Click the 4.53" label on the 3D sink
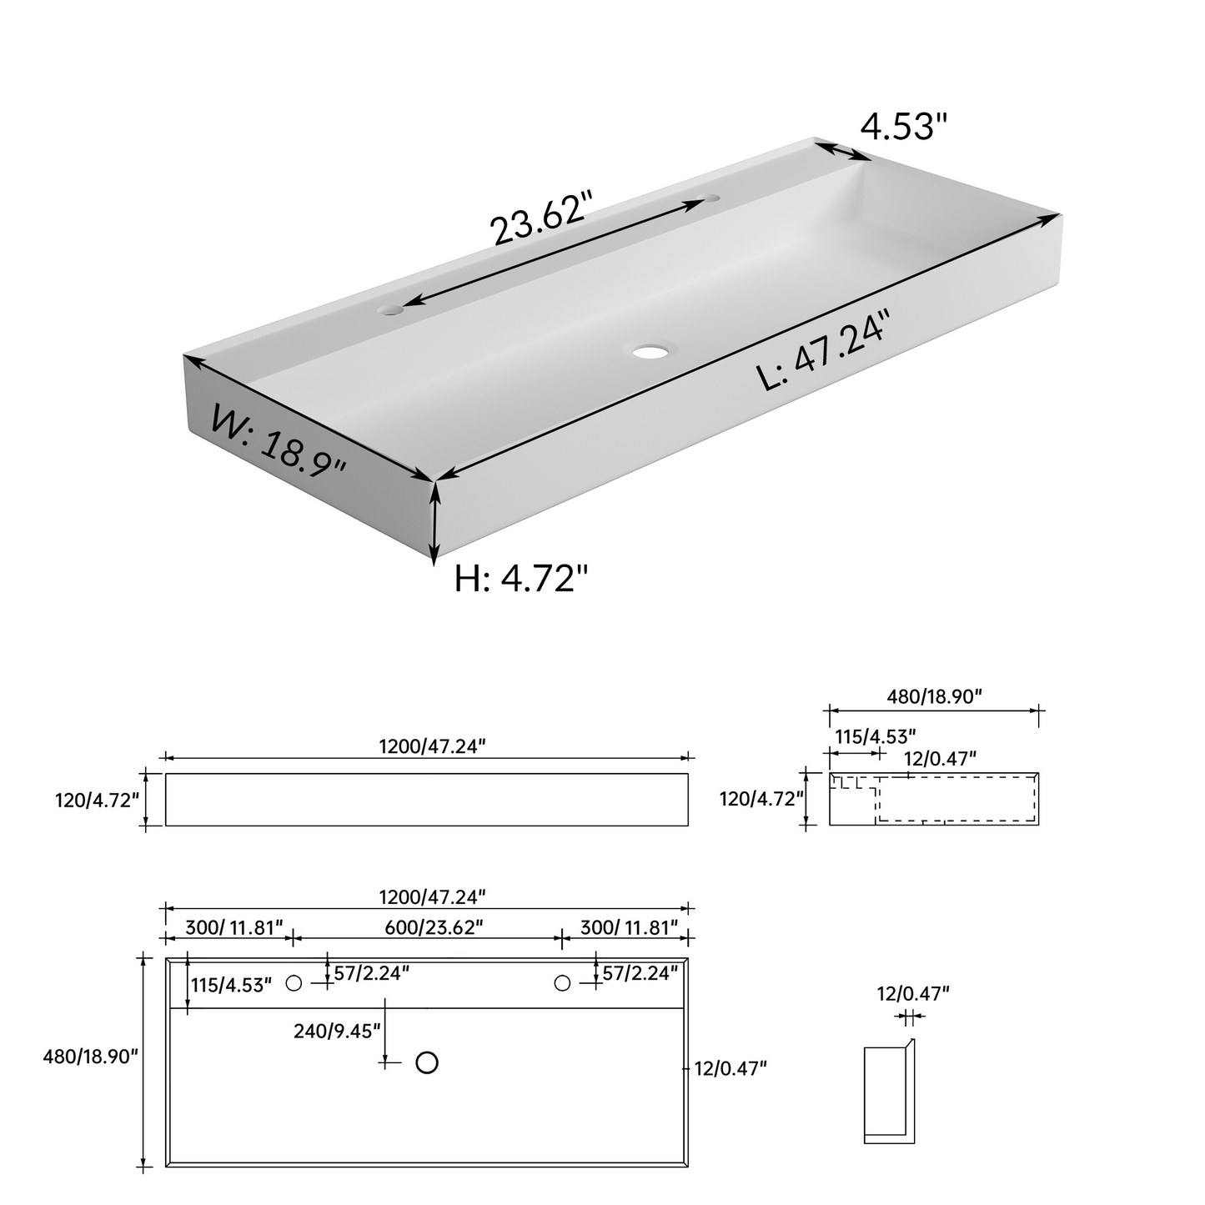[x=904, y=126]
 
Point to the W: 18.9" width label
[x=279, y=441]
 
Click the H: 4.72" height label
[x=521, y=579]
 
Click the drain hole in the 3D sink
[x=651, y=351]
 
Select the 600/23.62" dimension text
[x=434, y=926]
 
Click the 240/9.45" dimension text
[x=337, y=1031]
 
